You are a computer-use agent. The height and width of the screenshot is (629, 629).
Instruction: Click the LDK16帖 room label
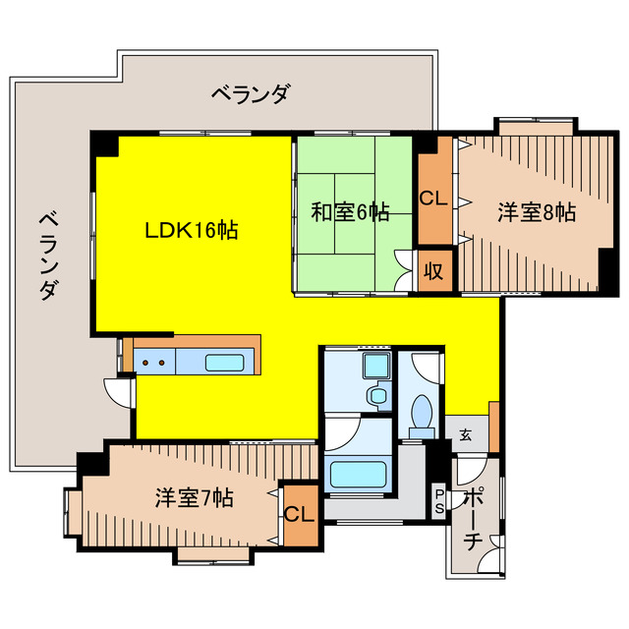pos(192,231)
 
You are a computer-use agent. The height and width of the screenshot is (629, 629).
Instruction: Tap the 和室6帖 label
pos(350,211)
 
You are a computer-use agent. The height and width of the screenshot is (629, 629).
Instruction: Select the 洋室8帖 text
pos(536,211)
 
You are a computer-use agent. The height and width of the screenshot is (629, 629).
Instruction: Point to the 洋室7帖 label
pos(194,497)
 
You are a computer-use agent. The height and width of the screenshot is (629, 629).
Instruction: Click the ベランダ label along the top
pos(251,95)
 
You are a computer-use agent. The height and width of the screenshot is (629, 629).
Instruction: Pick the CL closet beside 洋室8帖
pos(433,198)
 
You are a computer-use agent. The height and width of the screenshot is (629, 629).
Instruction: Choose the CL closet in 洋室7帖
pos(299,513)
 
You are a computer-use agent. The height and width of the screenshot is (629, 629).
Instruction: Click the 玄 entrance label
pos(466,434)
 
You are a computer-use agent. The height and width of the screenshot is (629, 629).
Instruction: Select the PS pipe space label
pos(438,501)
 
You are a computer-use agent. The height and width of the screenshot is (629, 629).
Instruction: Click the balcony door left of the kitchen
pos(120,391)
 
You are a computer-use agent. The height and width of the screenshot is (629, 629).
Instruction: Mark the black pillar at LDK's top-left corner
pos(104,144)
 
